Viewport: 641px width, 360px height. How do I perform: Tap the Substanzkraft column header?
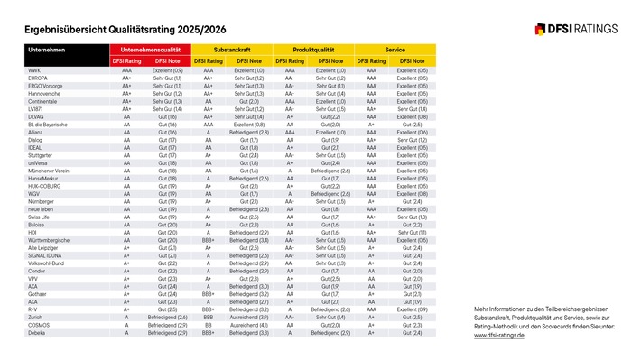tap(232, 48)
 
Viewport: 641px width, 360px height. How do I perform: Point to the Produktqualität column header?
tap(314, 48)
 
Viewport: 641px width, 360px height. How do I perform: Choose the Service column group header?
tap(395, 48)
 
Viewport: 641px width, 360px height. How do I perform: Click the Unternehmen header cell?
tap(46, 48)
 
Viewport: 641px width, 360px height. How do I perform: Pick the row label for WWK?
tap(35, 70)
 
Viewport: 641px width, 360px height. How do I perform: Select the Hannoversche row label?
tap(44, 93)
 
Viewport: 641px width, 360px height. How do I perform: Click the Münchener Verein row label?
tap(49, 171)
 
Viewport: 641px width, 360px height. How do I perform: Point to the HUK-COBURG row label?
tap(46, 186)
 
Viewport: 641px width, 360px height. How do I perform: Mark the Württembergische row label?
tap(50, 240)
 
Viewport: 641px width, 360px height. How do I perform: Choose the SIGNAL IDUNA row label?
tap(45, 255)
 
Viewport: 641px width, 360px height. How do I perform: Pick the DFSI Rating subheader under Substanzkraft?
tap(209, 60)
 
